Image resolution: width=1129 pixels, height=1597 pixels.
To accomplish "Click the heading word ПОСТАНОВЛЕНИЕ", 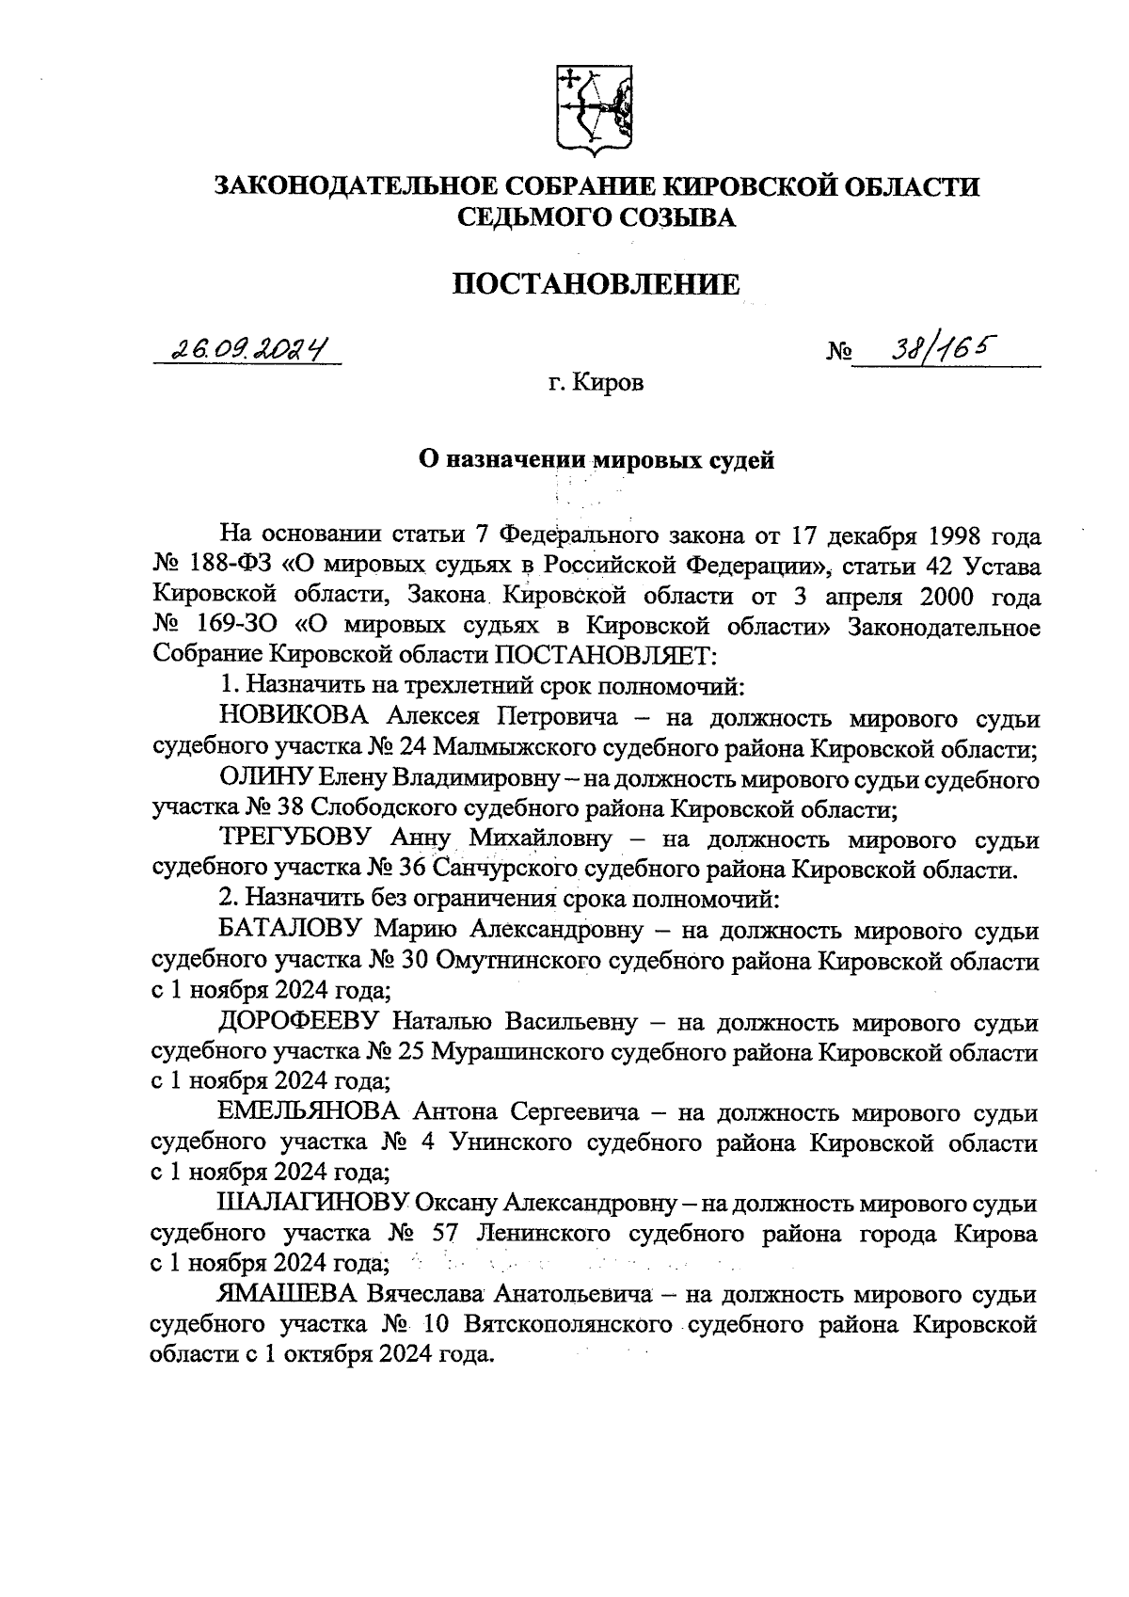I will click(x=596, y=283).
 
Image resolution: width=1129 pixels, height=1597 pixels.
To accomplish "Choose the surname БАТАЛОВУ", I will click(x=291, y=932).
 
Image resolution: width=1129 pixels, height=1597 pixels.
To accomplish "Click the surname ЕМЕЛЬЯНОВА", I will click(x=310, y=1113).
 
